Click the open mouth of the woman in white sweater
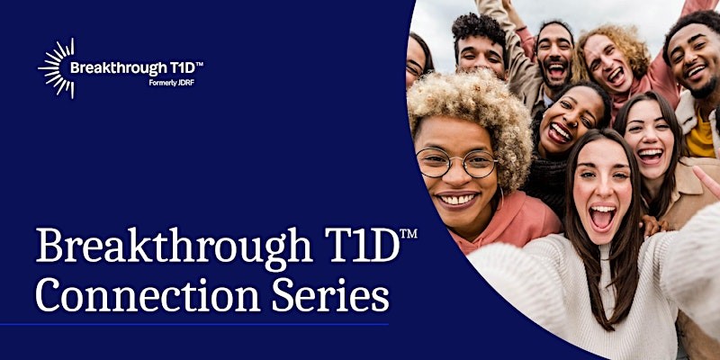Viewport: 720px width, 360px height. tap(601, 217)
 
